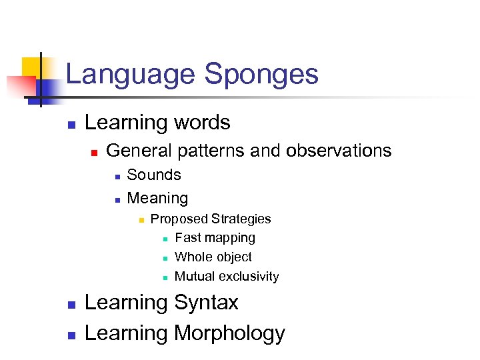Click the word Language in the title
point(131,75)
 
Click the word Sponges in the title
point(261,75)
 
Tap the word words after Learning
point(202,123)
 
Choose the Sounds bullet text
point(154,175)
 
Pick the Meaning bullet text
point(157,198)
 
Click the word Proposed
point(178,219)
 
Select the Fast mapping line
point(215,238)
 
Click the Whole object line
point(213,257)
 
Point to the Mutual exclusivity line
point(227,276)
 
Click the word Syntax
point(206,303)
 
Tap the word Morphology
point(229,333)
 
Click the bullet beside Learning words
point(71,124)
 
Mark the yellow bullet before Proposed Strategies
point(141,220)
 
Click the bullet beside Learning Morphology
point(71,334)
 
